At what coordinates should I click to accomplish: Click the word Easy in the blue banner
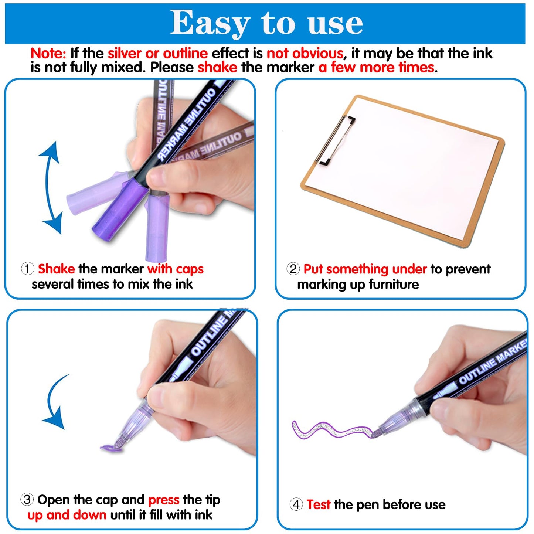click(210, 23)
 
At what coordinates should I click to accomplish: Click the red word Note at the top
click(48, 54)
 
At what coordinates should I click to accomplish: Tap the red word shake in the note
click(217, 68)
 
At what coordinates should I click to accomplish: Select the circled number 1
click(27, 269)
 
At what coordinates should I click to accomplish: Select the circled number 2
click(293, 269)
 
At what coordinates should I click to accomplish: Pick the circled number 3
click(27, 500)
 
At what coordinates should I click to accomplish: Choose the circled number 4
click(296, 504)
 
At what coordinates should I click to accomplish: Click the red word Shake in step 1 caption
click(56, 269)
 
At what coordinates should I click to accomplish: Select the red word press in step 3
click(164, 500)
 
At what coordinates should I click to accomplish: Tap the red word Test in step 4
click(318, 504)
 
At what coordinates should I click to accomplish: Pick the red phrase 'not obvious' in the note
click(305, 54)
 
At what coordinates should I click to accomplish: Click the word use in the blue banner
click(335, 23)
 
